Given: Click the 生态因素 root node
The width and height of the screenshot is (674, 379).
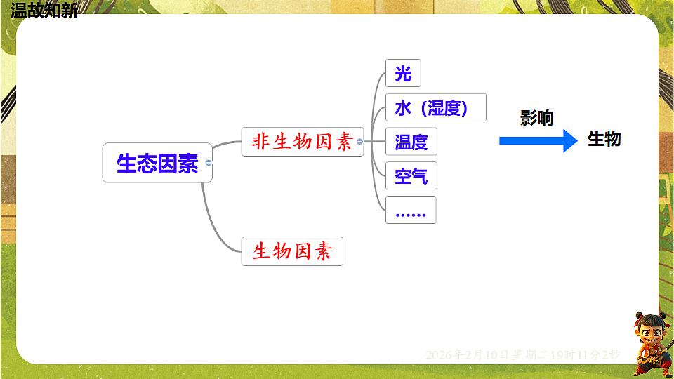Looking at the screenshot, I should point(157,163).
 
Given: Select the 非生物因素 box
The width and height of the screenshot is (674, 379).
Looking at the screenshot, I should point(302,142).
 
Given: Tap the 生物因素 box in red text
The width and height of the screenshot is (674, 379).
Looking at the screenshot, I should point(292,251).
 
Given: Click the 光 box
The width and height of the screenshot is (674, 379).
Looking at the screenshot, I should point(403,73).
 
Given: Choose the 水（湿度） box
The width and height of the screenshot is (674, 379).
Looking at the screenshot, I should point(435,107).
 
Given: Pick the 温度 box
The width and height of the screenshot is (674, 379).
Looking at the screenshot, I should point(411,142).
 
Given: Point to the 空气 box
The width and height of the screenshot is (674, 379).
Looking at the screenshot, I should point(411,175).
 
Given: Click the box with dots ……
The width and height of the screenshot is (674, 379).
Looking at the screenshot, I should point(411,210).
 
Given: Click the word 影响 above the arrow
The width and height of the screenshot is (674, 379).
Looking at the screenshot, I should point(537,117).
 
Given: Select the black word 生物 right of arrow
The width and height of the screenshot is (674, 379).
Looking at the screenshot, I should point(604,139).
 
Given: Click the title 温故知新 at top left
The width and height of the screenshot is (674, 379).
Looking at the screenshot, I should point(44,10).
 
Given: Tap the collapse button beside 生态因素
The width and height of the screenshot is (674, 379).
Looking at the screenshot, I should point(209,163).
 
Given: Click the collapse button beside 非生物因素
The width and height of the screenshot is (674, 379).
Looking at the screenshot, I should point(360,142).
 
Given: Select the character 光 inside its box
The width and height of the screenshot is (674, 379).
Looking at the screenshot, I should point(403,73).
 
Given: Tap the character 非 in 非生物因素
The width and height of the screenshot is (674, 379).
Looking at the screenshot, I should point(261,142).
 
